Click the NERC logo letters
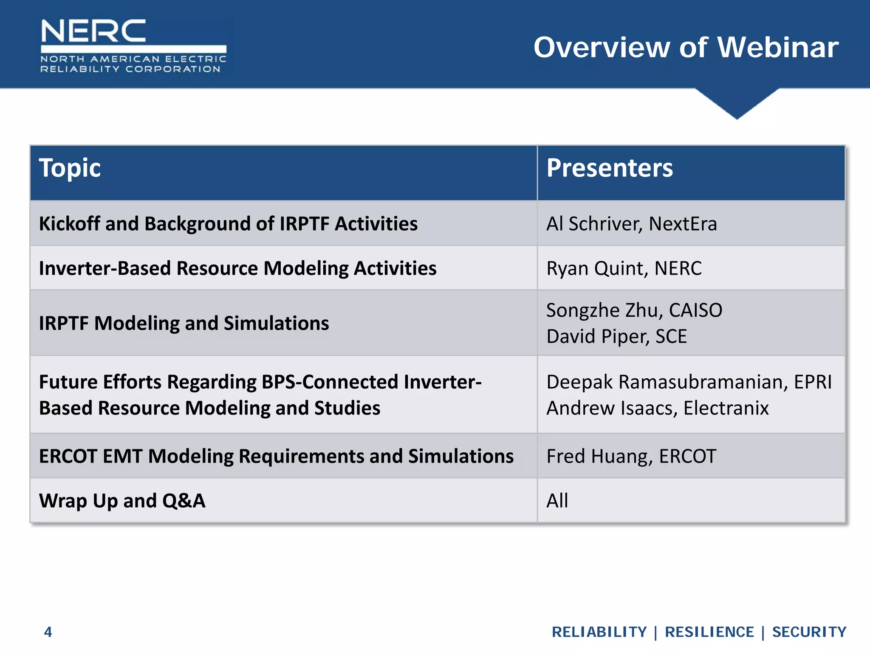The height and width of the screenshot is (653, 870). click(93, 31)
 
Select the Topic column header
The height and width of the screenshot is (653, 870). click(70, 168)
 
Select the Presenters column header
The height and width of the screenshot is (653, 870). click(610, 168)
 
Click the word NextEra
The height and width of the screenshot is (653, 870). click(683, 224)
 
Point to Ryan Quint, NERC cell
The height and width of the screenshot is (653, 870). click(624, 269)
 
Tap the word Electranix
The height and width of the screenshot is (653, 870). click(726, 408)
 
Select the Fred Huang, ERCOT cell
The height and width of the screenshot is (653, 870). click(631, 457)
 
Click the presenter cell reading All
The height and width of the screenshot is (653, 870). click(557, 501)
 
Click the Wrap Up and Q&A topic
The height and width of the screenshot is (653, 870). click(122, 501)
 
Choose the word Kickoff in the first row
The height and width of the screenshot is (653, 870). click(69, 224)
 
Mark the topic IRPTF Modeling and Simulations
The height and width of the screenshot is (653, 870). click(184, 324)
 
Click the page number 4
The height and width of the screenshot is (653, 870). click(48, 632)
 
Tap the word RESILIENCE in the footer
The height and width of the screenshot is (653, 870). click(709, 632)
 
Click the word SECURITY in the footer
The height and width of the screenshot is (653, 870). click(809, 632)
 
